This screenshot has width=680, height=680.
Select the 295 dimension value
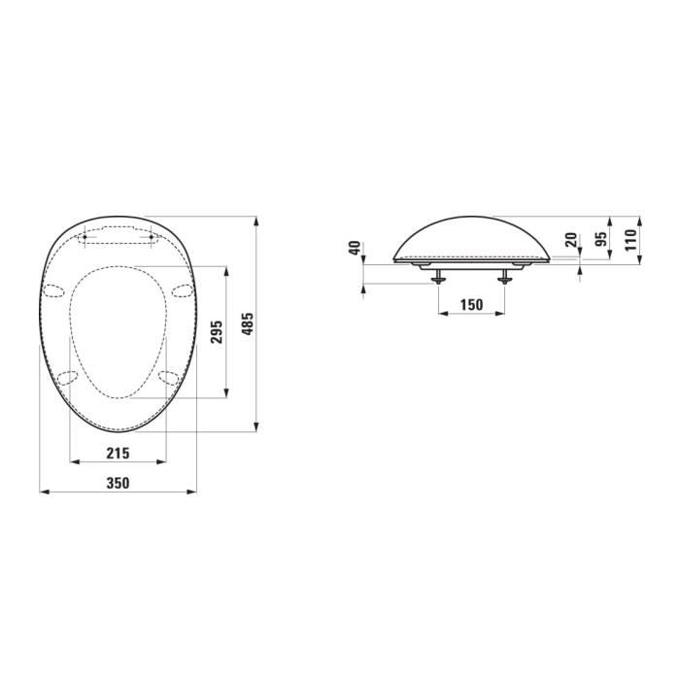217,330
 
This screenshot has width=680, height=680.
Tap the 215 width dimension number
117,453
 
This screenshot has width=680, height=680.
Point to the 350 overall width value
117,482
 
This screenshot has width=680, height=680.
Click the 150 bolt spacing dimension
471,305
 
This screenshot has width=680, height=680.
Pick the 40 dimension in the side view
356,249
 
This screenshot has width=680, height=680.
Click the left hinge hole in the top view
85,236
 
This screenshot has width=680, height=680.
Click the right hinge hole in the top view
153,236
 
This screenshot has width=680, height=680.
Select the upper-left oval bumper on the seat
54,289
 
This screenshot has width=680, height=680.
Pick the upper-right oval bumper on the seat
181,288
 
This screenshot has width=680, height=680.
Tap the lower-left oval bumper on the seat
67,378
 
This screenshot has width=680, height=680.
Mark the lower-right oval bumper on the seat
168,377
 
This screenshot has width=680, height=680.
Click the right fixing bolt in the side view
504,277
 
